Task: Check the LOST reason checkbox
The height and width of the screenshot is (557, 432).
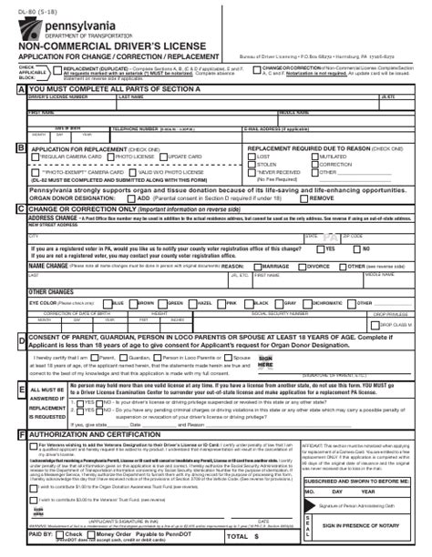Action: (252, 156)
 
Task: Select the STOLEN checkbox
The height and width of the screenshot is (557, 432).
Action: (252, 164)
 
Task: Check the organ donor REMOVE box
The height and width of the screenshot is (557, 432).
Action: (307, 197)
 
